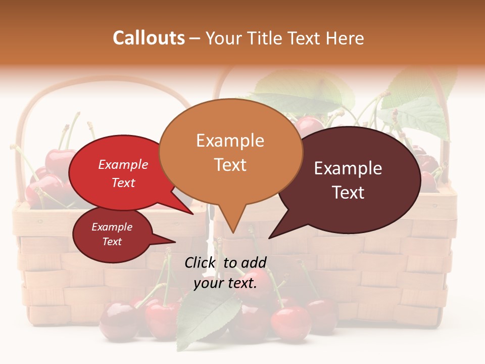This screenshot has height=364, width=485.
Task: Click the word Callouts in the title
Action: tap(149, 38)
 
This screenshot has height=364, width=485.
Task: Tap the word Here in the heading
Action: tap(344, 38)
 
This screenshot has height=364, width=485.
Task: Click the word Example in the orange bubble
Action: tap(230, 141)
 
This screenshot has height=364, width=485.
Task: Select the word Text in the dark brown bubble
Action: tap(348, 193)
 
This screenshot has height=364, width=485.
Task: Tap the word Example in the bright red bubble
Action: tap(123, 165)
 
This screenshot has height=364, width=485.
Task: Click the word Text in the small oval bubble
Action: tap(112, 242)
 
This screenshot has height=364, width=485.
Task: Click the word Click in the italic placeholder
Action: tap(201, 262)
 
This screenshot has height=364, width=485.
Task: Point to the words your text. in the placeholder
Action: tap(225, 283)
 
